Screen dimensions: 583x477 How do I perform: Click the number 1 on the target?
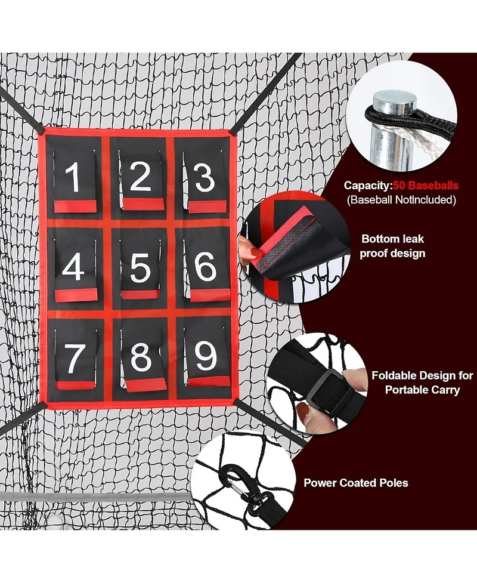point(73,177)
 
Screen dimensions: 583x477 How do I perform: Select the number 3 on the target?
point(205,178)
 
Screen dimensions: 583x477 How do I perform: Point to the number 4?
point(73,267)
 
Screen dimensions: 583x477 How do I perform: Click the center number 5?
point(140,268)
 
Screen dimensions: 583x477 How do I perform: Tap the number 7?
point(74,358)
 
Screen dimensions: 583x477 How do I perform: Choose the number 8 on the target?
point(141,357)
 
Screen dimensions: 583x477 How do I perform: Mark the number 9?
point(205,357)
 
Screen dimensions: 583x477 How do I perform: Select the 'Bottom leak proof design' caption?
point(393,246)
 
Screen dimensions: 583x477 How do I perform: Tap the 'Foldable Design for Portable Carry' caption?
point(422,383)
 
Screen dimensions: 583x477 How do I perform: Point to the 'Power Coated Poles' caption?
point(356,482)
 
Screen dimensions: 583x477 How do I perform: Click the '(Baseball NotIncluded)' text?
point(401,200)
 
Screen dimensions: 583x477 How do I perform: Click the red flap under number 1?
point(75,206)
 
